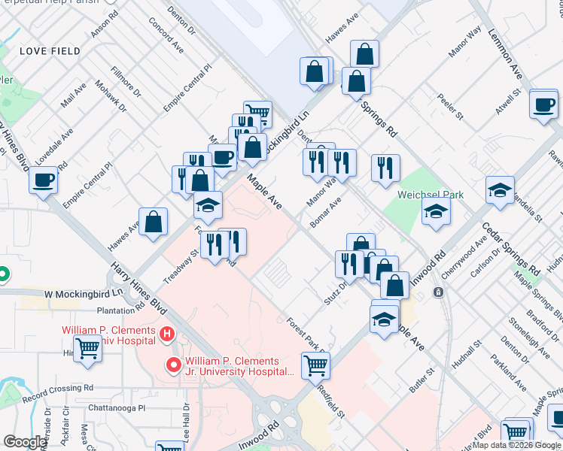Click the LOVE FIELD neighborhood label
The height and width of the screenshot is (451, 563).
pos(50,51)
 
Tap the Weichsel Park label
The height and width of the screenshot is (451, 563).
pos(431,194)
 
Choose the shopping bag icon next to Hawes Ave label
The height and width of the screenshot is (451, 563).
pos(153,222)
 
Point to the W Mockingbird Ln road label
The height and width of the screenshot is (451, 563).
pos(83,293)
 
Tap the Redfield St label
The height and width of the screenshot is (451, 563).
pos(330,403)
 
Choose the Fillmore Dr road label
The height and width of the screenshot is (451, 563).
pos(126,81)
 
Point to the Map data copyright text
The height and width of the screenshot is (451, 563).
pos(516,446)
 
